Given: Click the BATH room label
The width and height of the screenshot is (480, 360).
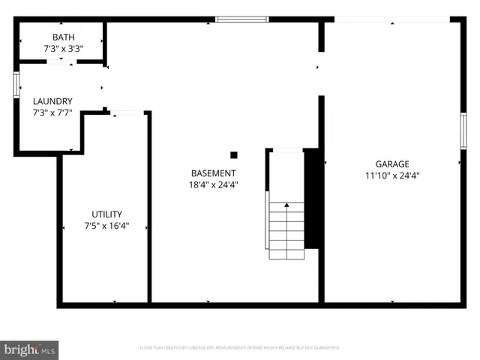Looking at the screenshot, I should (x=63, y=37).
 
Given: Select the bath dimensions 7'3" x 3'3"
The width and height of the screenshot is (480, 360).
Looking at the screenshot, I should (x=63, y=49).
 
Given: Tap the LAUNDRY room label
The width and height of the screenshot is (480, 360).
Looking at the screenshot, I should (x=52, y=101).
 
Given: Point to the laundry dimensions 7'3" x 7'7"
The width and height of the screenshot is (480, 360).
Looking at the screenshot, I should (x=52, y=113).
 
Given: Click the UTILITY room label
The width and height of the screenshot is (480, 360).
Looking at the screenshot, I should (x=106, y=214).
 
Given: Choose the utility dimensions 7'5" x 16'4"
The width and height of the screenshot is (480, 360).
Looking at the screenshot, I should (x=106, y=226).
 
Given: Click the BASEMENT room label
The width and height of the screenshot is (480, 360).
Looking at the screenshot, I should (x=214, y=172).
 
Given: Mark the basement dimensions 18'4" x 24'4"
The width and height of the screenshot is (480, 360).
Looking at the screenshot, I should (x=214, y=184).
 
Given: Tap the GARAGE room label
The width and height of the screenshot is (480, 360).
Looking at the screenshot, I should (x=392, y=164).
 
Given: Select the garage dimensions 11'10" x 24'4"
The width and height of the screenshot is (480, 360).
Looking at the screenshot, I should (x=392, y=176).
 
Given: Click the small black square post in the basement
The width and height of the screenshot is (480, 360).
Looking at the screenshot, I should (x=234, y=155).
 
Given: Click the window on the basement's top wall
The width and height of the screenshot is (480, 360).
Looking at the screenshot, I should (x=241, y=19).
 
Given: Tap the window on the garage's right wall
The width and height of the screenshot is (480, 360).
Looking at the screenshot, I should (x=463, y=130).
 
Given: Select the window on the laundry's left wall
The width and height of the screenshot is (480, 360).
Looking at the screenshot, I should (x=16, y=84).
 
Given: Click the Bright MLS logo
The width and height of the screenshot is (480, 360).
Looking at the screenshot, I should (x=30, y=349).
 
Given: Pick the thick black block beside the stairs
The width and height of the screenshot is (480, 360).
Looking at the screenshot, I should (x=313, y=198).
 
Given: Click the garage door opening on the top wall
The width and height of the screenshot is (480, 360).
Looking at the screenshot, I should (x=392, y=19).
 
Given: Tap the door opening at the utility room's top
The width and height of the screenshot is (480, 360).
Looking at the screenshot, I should (x=127, y=113).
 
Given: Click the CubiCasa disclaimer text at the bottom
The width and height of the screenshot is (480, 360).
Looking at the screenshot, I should (x=240, y=348).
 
